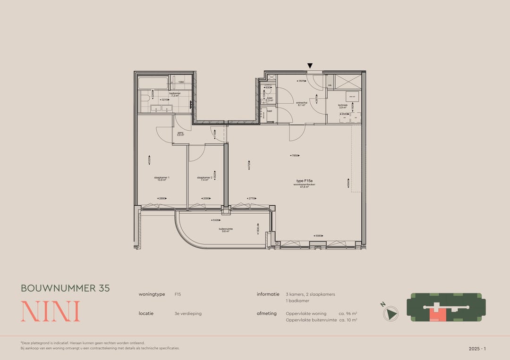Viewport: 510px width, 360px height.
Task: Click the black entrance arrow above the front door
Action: (x=310, y=66)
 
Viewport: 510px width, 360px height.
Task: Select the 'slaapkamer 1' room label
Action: (x=161, y=178)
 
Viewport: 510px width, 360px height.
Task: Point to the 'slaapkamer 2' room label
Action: (x=205, y=178)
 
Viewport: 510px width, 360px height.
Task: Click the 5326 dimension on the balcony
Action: (x=215, y=220)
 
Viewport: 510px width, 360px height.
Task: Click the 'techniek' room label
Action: (x=343, y=106)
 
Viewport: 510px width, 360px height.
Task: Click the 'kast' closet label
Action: (x=270, y=111)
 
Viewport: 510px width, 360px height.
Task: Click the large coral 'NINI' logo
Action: (x=51, y=311)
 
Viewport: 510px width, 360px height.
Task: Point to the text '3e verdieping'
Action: (x=188, y=313)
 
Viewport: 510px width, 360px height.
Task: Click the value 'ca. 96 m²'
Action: (x=348, y=313)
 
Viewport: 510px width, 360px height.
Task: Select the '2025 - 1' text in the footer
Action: (x=476, y=349)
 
